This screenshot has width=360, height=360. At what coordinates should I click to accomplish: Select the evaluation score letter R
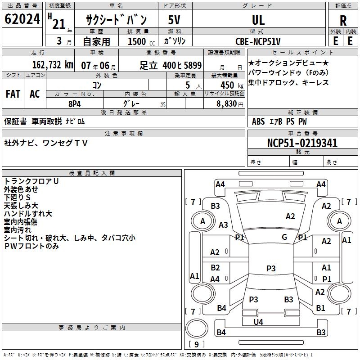[343, 20]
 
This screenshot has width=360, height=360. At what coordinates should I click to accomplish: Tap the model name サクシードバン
[117, 20]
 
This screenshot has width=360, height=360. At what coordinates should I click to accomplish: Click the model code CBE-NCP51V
[258, 41]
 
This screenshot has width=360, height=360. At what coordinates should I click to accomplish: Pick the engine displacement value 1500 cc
[138, 42]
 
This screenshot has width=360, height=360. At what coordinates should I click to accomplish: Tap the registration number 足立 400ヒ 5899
[170, 65]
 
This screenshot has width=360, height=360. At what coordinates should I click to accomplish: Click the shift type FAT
[13, 94]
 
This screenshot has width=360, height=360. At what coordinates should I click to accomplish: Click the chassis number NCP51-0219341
[302, 144]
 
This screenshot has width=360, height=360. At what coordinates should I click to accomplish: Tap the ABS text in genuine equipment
[259, 121]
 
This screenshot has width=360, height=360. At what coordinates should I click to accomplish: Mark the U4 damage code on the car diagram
[258, 322]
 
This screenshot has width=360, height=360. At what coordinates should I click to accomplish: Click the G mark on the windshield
[284, 237]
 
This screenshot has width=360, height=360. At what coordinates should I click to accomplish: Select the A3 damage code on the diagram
[223, 225]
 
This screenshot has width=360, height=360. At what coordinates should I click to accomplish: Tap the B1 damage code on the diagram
[320, 308]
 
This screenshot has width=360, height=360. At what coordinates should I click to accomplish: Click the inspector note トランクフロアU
[31, 181]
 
